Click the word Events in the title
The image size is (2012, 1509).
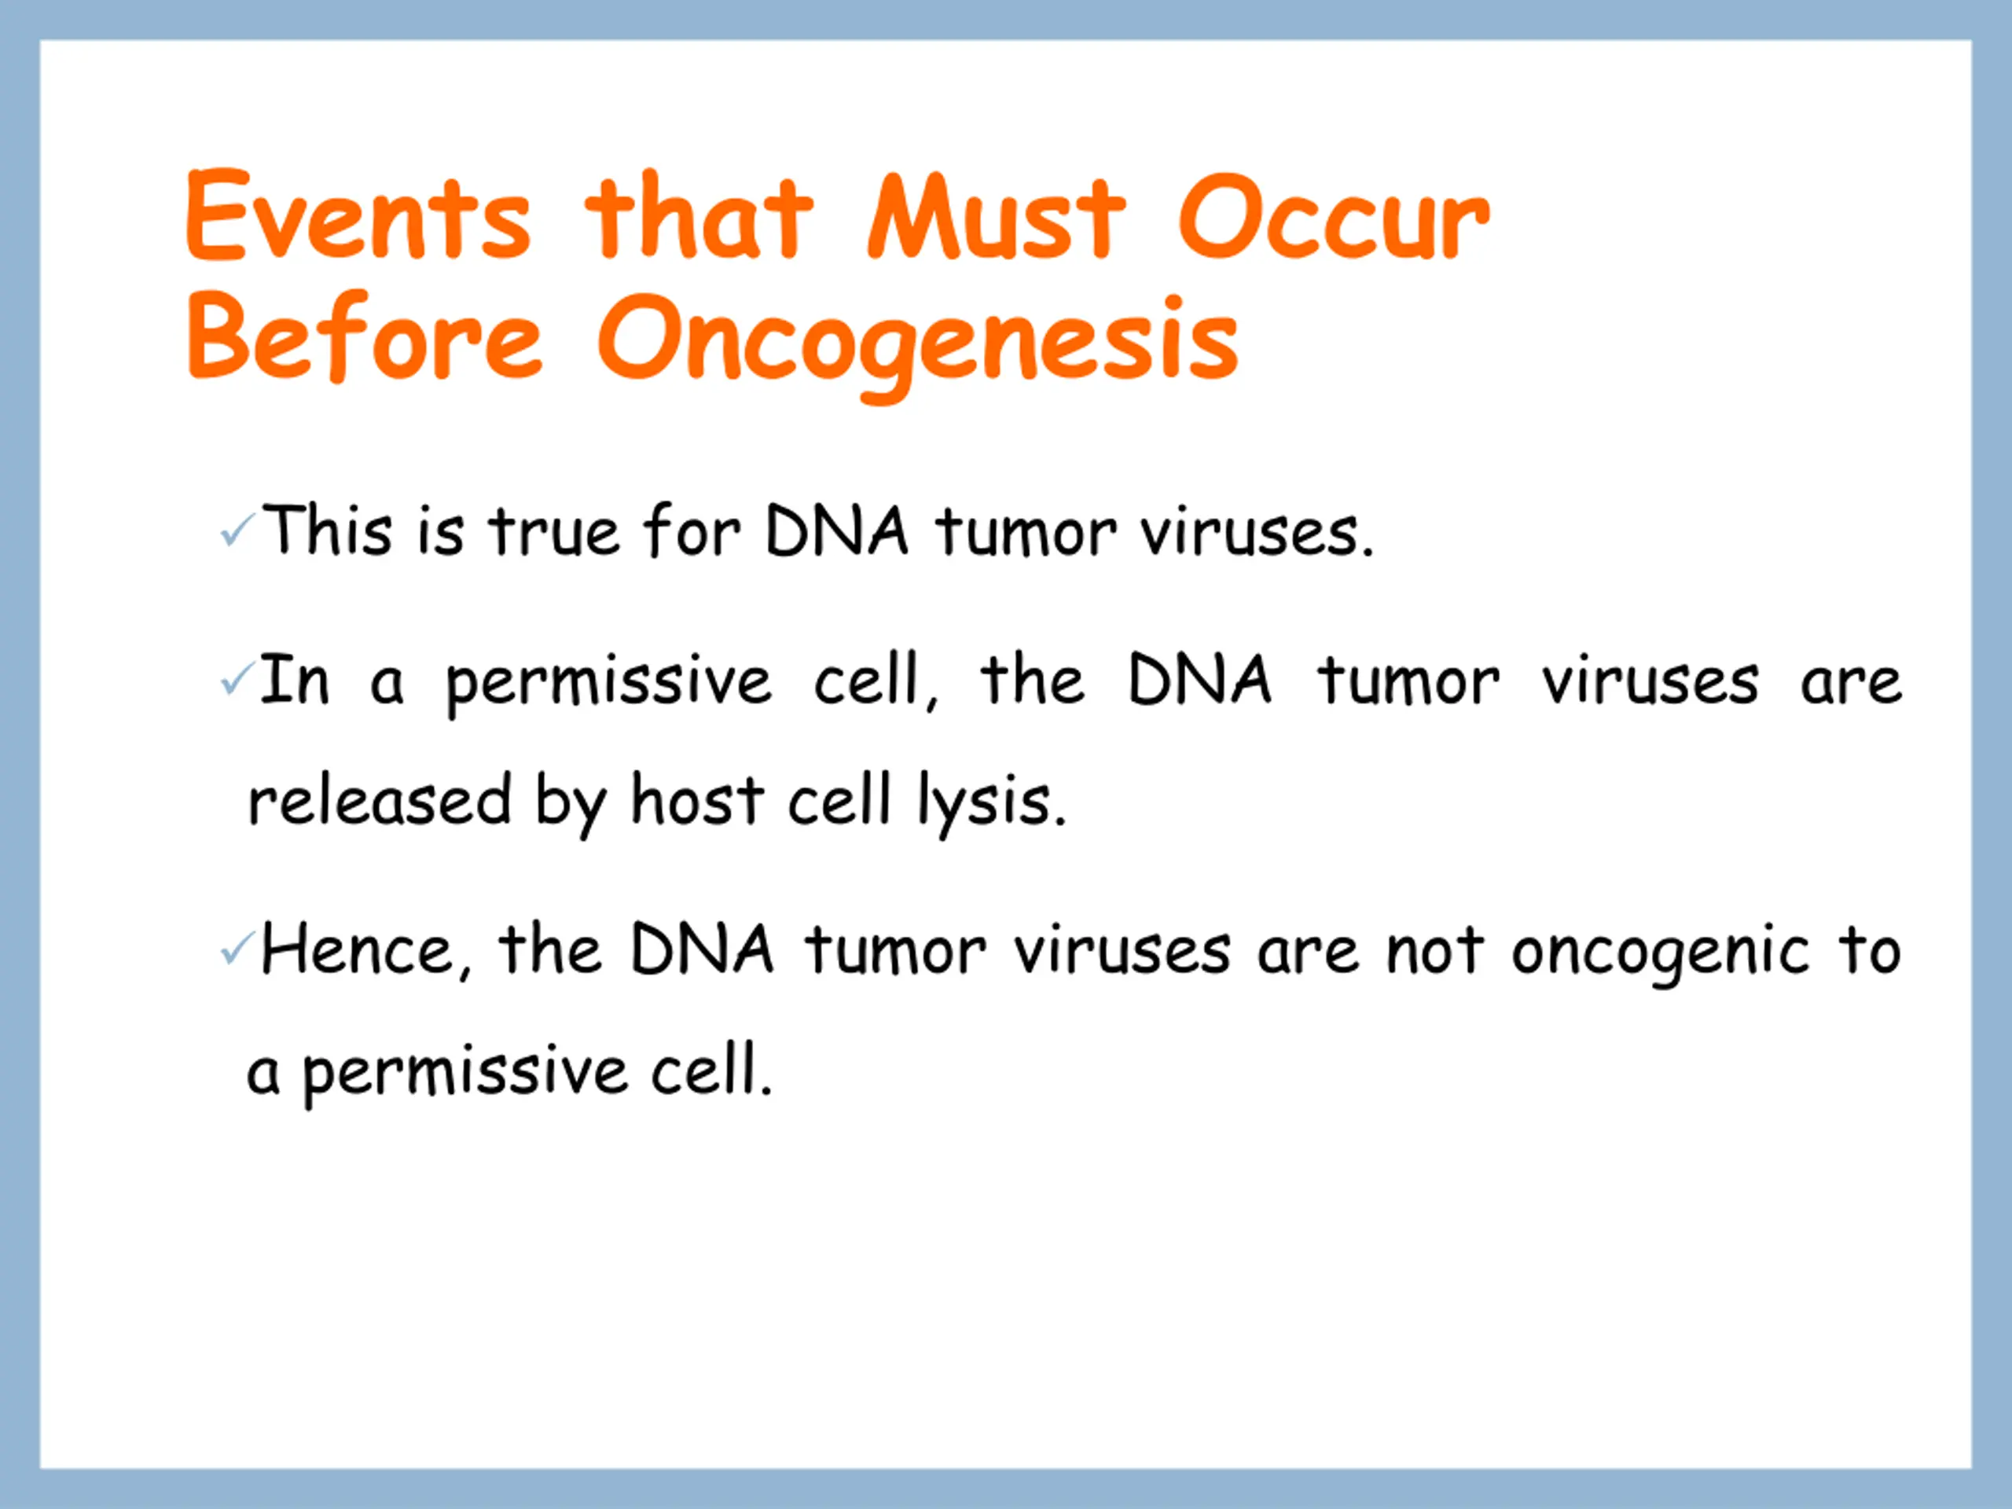(358, 215)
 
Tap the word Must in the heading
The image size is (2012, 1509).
(996, 215)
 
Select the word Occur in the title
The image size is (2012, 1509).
(1335, 215)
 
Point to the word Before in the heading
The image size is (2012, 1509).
(365, 336)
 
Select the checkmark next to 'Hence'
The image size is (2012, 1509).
(237, 949)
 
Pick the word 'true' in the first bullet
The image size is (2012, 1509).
(555, 531)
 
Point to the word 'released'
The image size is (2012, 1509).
(380, 799)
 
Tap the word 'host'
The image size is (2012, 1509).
(698, 799)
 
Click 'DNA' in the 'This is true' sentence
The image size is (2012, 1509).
(837, 530)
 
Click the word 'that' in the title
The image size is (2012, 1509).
(699, 215)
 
